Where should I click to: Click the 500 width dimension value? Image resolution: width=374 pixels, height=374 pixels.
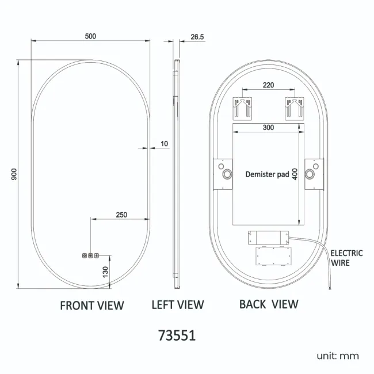(x=90, y=36)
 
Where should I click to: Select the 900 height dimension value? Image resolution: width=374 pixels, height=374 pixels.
(x=14, y=174)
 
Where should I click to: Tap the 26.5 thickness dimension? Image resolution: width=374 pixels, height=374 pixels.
(x=197, y=37)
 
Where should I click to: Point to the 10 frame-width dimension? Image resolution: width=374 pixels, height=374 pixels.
(x=165, y=144)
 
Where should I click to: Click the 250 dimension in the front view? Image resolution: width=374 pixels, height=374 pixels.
(x=121, y=215)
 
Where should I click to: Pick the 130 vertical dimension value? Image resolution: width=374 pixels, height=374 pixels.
(x=105, y=272)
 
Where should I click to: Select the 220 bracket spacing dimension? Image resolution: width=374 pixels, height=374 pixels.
(x=268, y=85)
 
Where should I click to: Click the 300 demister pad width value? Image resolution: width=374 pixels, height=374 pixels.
(x=268, y=127)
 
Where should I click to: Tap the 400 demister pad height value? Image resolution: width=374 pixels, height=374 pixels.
(x=295, y=174)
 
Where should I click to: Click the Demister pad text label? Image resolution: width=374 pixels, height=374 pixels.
(x=267, y=174)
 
